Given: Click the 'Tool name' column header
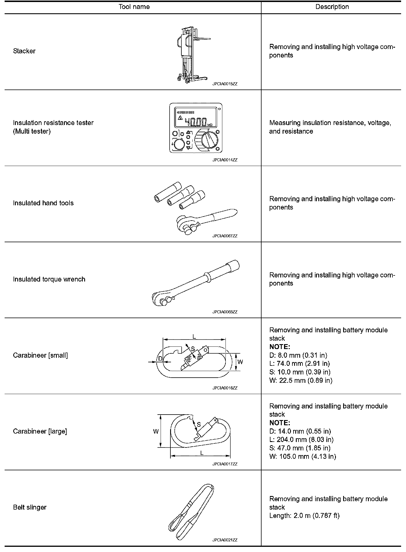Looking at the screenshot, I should pos(134,7).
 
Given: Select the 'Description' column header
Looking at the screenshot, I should pos(332,7).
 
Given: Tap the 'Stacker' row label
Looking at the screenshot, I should pos(24,51).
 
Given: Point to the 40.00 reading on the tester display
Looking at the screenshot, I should pos(196,122).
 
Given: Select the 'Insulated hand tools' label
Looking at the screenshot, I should pos(43,203).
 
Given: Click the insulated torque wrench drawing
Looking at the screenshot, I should pos(196,283).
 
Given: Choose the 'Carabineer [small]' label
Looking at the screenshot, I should pos(40,355).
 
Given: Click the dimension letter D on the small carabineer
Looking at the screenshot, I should pos(160,359).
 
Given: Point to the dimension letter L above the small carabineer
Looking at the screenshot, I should pos(194,336).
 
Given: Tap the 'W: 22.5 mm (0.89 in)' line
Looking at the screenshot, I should pos(301,381).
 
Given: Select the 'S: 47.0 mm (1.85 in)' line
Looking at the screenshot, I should pos(300,448).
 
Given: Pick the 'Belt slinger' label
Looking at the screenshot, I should pos(30,508).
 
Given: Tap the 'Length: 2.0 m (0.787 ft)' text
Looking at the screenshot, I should pos(304,516).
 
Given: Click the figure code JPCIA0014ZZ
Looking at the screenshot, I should pos(225,160).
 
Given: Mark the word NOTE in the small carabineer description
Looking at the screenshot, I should pos(279,347).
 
